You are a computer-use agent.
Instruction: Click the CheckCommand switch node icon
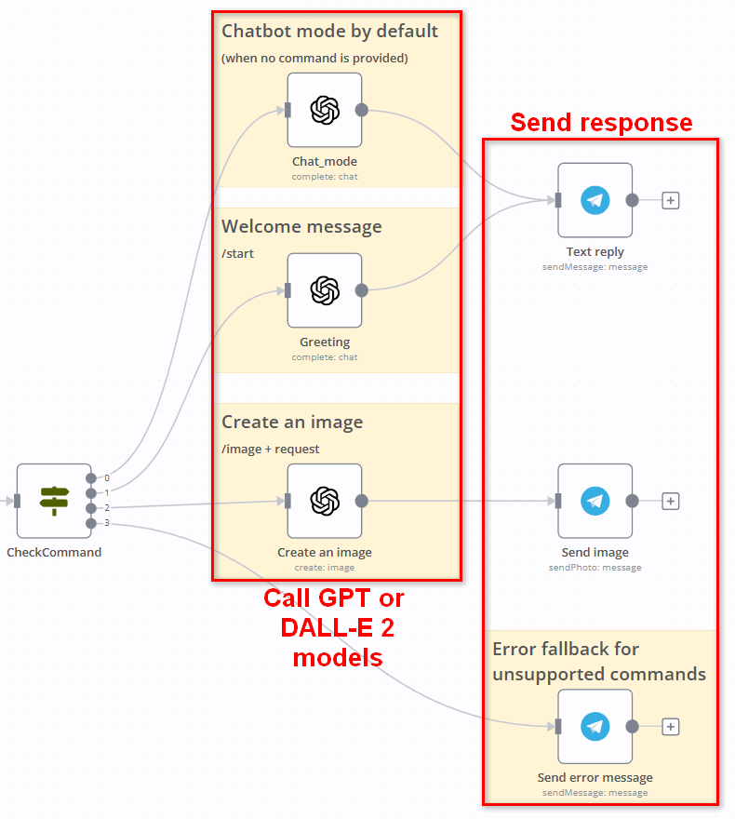54,501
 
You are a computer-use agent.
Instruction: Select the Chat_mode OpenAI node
324,110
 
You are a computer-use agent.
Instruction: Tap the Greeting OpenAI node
324,290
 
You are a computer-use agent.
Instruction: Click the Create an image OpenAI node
324,501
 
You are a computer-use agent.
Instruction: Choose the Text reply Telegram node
595,200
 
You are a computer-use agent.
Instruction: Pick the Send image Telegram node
595,501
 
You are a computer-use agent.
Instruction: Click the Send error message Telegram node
595,727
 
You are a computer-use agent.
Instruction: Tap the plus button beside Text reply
670,200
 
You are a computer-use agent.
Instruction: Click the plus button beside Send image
670,501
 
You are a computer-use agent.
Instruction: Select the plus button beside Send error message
670,727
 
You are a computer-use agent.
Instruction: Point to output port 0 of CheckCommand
90,478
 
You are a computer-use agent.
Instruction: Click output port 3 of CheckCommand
90,523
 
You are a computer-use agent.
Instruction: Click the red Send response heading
601,123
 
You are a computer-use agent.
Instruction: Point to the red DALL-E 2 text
337,627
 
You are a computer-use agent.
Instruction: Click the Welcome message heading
301,227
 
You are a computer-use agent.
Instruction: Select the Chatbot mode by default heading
329,32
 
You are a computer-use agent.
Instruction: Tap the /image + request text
270,450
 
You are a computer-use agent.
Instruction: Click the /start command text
238,253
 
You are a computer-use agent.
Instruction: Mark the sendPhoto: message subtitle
595,567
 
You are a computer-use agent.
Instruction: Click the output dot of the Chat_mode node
362,110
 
